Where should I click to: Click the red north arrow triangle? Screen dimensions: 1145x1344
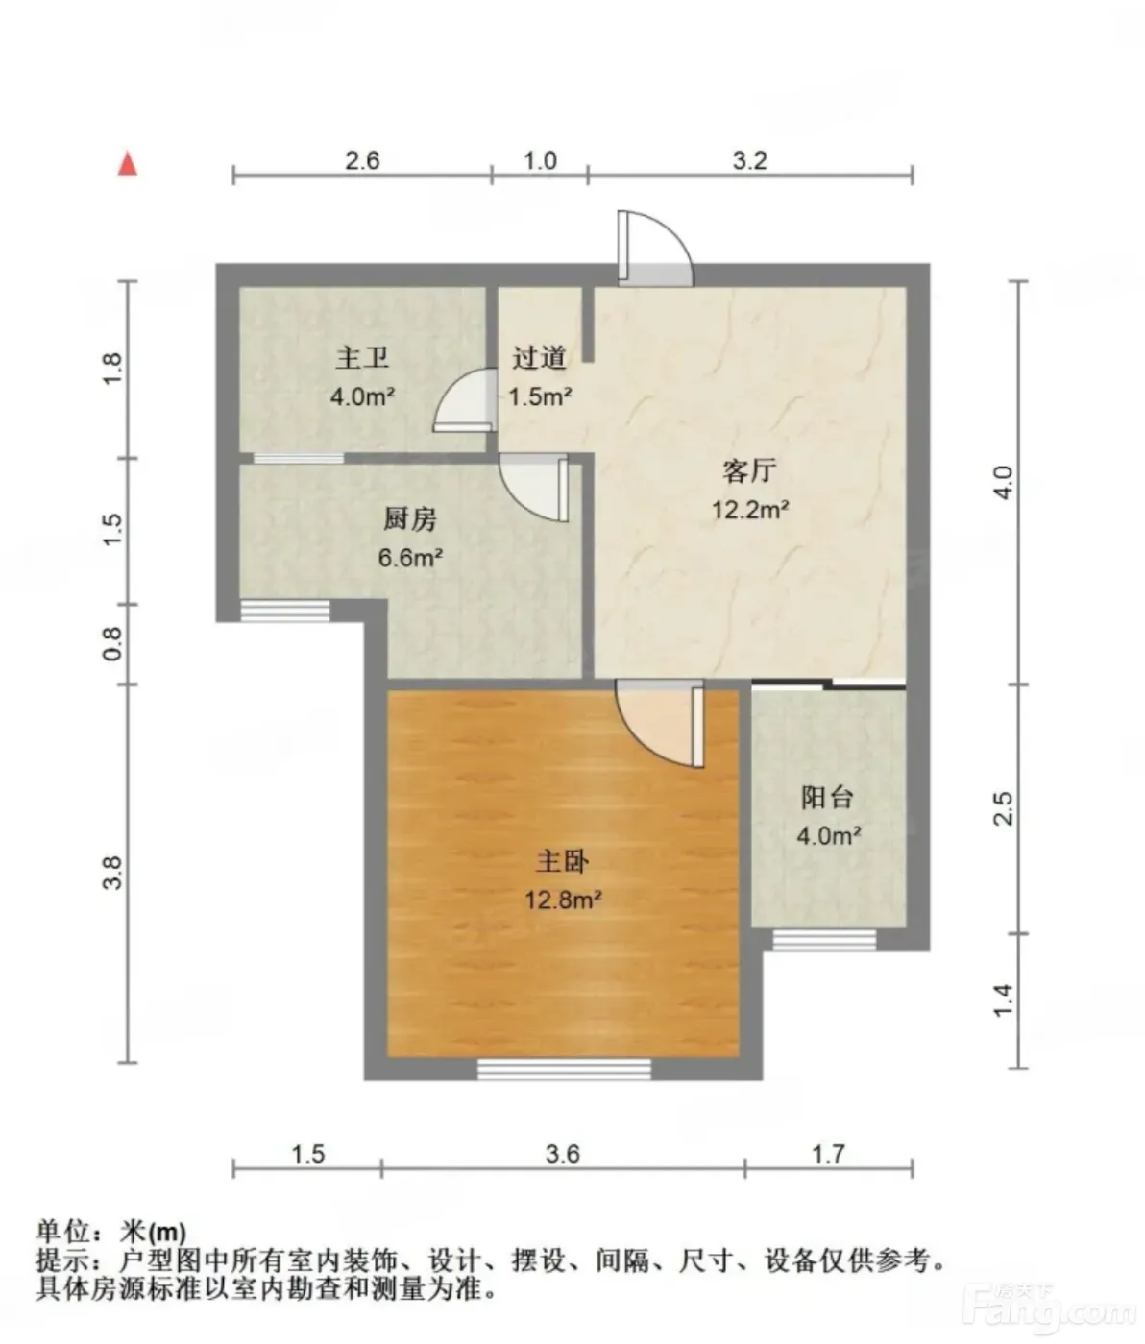point(128,164)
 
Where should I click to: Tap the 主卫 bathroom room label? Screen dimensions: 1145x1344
point(362,358)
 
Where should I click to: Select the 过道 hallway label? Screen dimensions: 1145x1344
point(539,358)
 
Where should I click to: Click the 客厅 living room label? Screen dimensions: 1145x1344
point(749,470)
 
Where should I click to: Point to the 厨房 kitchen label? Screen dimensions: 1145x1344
point(410,519)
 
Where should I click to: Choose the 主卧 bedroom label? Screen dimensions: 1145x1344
point(562,862)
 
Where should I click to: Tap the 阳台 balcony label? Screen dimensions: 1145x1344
point(827,798)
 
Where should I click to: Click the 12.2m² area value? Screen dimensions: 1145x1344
point(750,509)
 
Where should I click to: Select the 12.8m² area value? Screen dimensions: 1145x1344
point(563,900)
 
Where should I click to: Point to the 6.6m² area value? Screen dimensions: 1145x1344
point(410,557)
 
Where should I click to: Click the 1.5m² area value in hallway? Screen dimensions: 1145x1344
point(540,396)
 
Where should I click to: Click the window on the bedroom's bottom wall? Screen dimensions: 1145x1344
point(564,1068)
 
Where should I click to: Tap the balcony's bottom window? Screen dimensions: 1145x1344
point(824,940)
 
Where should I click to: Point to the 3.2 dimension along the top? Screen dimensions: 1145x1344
point(749,160)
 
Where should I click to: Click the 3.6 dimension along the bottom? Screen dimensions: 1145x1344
point(563,1154)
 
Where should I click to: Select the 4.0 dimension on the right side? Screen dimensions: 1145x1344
point(1005,483)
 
